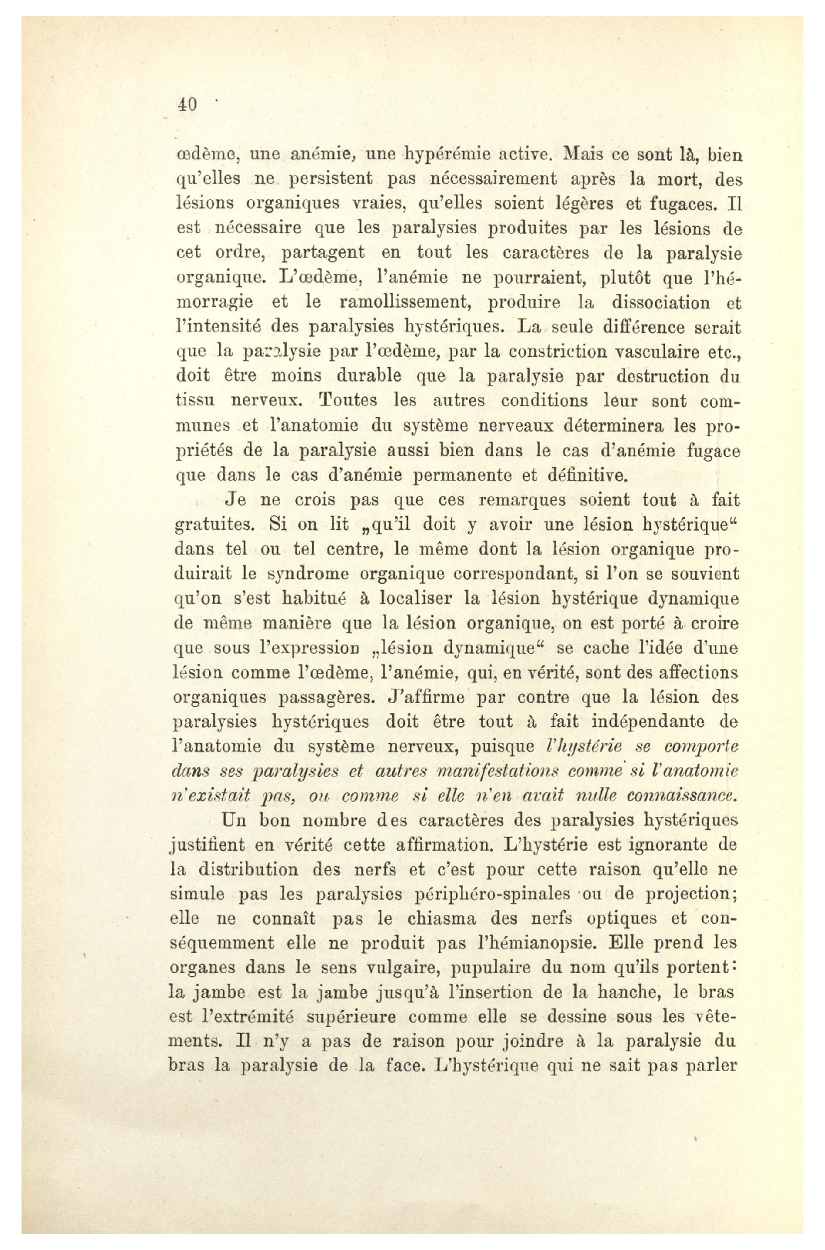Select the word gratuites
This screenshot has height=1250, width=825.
click(x=211, y=525)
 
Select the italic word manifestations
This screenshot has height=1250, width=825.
click(x=485, y=771)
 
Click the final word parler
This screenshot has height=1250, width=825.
click(x=710, y=1066)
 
